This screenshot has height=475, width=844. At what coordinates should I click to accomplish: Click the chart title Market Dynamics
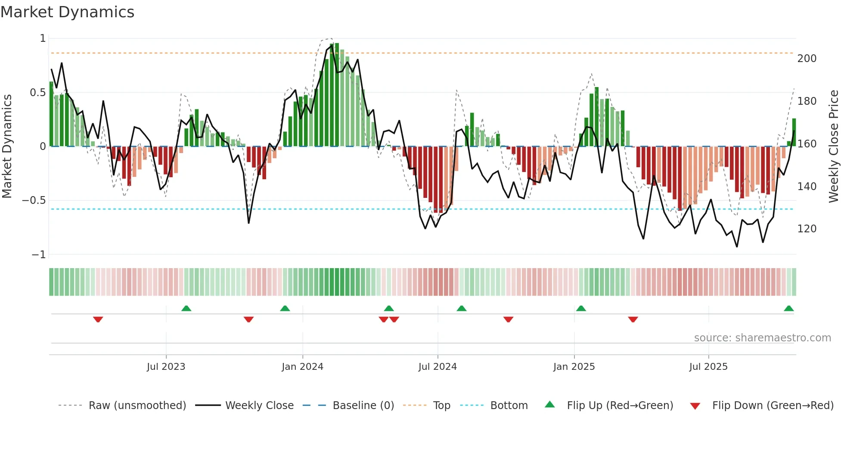coord(68,12)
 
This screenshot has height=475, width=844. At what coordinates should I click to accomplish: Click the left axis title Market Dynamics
coord(7,147)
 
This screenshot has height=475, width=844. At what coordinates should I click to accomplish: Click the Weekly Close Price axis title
coord(834,147)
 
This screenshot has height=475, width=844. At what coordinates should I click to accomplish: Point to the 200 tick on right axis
coord(807,59)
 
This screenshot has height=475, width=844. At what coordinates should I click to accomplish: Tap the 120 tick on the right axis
coord(807,229)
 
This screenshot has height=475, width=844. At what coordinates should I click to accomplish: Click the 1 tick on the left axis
coord(43,38)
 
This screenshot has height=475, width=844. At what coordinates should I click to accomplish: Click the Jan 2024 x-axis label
coord(302,367)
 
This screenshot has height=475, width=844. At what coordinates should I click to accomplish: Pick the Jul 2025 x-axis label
coord(708,367)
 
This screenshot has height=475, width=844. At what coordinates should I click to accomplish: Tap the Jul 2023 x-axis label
coord(166,367)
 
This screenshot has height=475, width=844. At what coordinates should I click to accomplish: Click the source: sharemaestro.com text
coord(762,338)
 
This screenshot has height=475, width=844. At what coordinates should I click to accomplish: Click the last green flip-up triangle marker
coord(788,309)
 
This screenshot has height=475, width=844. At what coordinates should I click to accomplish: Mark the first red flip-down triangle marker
coord(98,319)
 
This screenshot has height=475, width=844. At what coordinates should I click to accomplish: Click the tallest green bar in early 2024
coord(337,95)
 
